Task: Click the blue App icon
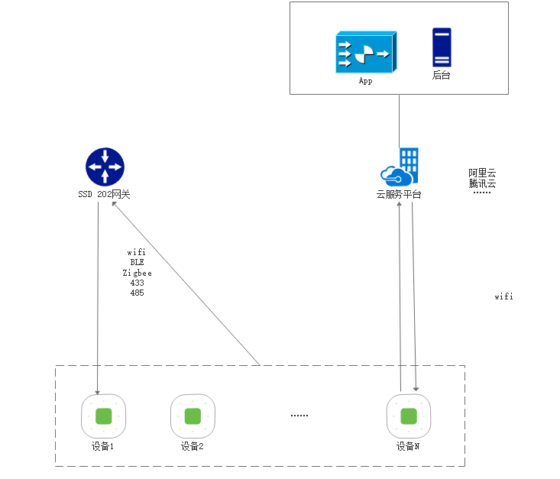[x=364, y=53]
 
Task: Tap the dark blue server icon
[x=442, y=47]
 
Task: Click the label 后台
[x=442, y=75]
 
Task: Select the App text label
[x=365, y=81]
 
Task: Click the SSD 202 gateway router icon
[x=105, y=167]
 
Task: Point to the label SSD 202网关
[x=104, y=194]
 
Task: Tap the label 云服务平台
[x=399, y=194]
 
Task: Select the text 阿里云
[x=483, y=173]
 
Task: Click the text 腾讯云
[x=483, y=183]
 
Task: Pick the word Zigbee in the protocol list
[x=137, y=273]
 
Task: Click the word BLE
[x=137, y=262]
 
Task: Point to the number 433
[x=137, y=283]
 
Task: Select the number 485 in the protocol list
[x=137, y=293]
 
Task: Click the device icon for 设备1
[x=104, y=416]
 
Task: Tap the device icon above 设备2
[x=193, y=416]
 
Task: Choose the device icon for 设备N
[x=409, y=416]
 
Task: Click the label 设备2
[x=193, y=446]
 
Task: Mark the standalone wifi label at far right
[x=503, y=296]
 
